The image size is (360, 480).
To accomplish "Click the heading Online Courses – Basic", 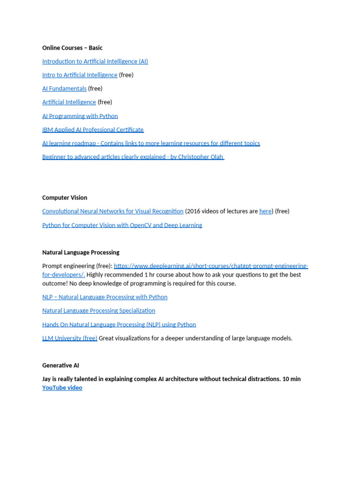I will (x=72, y=48).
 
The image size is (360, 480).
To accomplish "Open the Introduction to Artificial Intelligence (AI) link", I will (x=95, y=61).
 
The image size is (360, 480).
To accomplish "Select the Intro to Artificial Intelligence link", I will (x=80, y=75).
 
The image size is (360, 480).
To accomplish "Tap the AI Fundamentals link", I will (x=64, y=89).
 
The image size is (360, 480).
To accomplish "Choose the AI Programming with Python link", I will (x=80, y=116).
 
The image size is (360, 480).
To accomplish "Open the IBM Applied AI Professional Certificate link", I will (x=93, y=130).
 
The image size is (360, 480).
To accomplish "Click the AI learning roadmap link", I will (x=151, y=143).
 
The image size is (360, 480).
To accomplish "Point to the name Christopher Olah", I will (x=200, y=157).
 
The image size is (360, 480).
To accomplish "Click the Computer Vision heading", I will (x=65, y=198).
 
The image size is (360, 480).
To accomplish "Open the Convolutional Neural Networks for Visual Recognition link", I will (x=112, y=211).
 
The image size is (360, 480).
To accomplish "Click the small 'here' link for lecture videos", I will (x=265, y=211).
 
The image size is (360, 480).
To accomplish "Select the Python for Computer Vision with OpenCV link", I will (x=122, y=225).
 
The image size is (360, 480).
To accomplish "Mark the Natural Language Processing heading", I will (x=81, y=253).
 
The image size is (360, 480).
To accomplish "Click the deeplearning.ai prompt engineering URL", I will (x=211, y=266).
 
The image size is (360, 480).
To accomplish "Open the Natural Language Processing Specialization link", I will (x=98, y=311).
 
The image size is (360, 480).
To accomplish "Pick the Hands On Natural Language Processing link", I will (x=119, y=325).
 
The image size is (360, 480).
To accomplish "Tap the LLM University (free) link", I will (x=70, y=338).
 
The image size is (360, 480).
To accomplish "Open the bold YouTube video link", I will (x=62, y=388).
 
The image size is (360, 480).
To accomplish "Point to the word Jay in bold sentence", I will (x=47, y=379).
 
